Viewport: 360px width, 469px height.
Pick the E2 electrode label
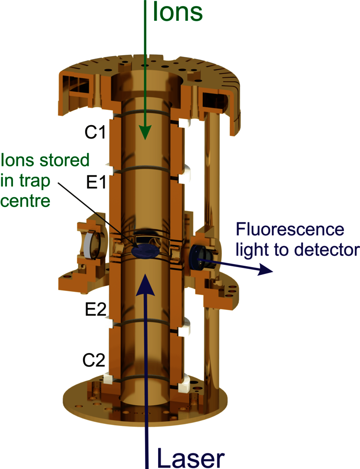95,309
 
